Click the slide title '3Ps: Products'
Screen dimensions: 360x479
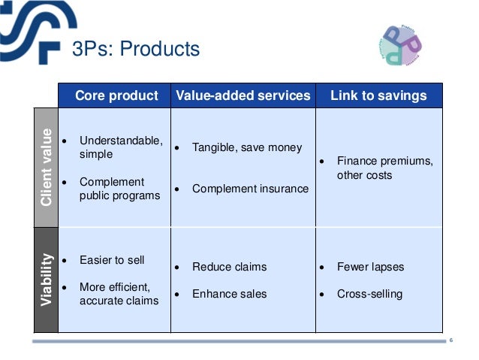[x=135, y=50]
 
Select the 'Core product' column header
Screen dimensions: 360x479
[x=116, y=95]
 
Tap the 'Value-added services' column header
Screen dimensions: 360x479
[x=243, y=95]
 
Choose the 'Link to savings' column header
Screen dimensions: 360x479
[x=378, y=95]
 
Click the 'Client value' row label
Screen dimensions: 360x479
[x=47, y=168]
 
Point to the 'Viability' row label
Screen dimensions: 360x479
[x=47, y=280]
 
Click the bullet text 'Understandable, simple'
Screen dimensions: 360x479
[x=120, y=147]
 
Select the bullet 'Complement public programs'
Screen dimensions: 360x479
[x=119, y=189]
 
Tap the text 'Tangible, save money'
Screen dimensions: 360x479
[x=247, y=147]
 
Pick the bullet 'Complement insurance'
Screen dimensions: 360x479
[x=250, y=189]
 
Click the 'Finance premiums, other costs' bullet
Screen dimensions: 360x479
[x=384, y=168]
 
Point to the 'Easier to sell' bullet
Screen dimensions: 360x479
[x=112, y=260]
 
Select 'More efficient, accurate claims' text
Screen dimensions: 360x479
[x=119, y=294]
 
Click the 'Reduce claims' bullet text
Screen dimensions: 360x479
[x=229, y=267]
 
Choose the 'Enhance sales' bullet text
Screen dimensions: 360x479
[x=229, y=294]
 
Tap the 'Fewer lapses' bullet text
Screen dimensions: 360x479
[x=370, y=267]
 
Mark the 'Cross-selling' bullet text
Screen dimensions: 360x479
[x=369, y=294]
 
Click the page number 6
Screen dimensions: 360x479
[x=451, y=341]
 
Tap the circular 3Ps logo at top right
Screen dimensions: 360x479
[x=402, y=44]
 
